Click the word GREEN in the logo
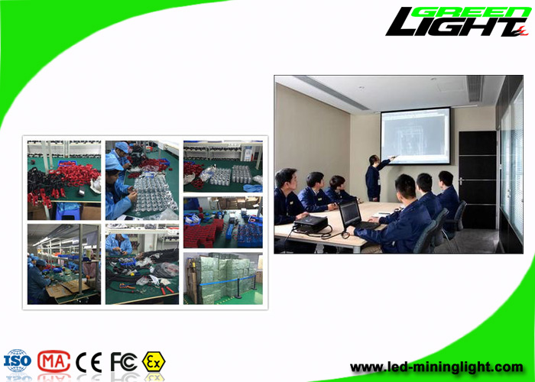472,12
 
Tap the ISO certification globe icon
18,361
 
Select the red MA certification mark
54,361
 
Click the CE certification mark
89,362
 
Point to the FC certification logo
124,361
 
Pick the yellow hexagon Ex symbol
154,361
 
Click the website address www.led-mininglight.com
436,367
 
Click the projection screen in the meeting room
416,136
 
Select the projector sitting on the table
310,225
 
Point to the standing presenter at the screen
375,178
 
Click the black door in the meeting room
478,180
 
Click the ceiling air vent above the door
475,89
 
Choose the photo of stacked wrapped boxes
223,278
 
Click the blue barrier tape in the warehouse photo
227,281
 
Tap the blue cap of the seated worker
113,163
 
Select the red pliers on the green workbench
167,290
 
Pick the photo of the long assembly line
64,264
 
